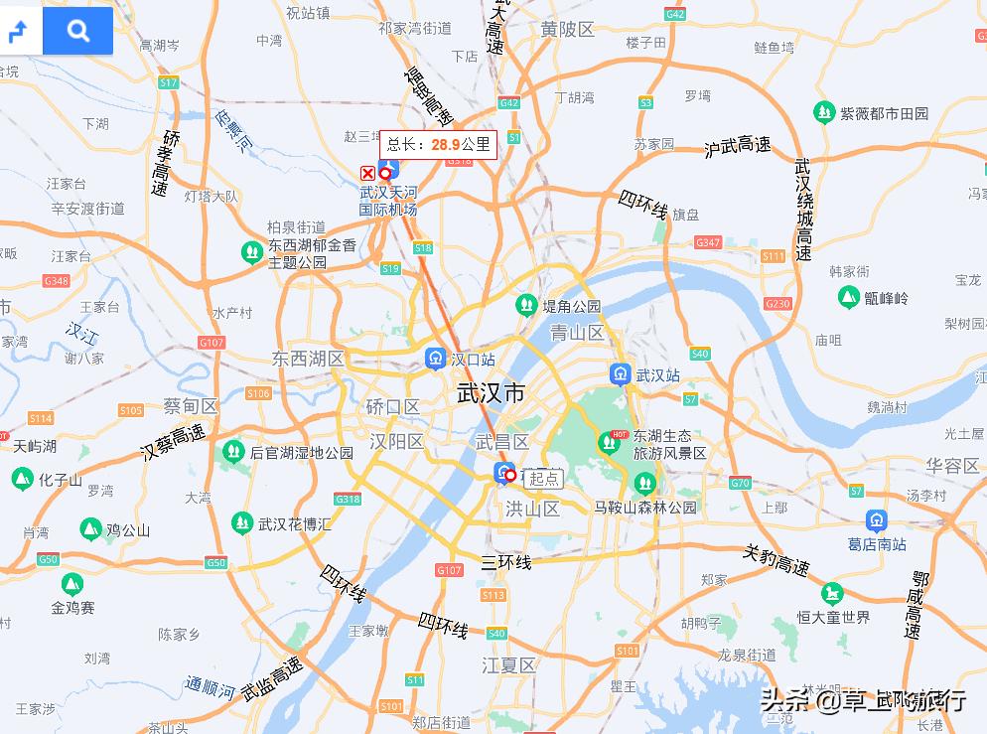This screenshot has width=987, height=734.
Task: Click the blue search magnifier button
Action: tap(78, 31)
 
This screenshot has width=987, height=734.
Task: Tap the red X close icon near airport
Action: tap(367, 173)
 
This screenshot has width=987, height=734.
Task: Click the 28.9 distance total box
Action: tap(439, 145)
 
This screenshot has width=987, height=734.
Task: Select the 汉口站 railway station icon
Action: tap(435, 358)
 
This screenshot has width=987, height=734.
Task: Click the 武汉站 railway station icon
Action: tap(620, 374)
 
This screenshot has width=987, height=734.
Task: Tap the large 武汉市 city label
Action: tap(491, 393)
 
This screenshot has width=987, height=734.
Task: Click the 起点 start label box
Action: tap(543, 478)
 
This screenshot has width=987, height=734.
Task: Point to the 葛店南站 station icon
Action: tap(876, 519)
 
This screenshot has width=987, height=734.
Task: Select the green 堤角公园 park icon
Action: tap(526, 305)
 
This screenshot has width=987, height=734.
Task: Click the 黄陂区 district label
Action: tap(567, 30)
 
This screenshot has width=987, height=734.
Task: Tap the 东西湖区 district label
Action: tap(308, 359)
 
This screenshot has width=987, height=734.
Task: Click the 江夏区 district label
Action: tap(508, 664)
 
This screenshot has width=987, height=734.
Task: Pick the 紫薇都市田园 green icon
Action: tap(824, 112)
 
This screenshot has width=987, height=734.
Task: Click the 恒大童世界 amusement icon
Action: tap(832, 594)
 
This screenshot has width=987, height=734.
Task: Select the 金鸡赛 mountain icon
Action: tap(72, 584)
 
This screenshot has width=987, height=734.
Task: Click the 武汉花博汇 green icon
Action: tap(241, 522)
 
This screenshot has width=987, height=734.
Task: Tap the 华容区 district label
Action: tap(952, 465)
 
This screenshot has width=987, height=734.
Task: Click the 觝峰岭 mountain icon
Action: tap(849, 296)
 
